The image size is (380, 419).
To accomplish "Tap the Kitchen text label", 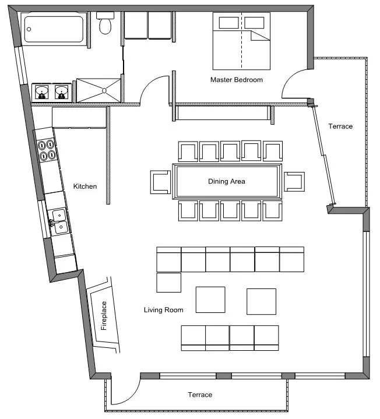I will pyautogui.click(x=85, y=186).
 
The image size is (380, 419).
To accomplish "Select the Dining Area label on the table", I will pyautogui.click(x=227, y=181).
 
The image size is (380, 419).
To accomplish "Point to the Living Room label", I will pyautogui.click(x=163, y=310).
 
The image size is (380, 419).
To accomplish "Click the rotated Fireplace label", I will pyautogui.click(x=104, y=316).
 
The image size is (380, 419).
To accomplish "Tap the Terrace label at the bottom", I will pyautogui.click(x=199, y=395).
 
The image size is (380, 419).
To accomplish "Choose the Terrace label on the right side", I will pyautogui.click(x=340, y=126).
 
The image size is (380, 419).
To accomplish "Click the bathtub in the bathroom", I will pyautogui.click(x=53, y=29).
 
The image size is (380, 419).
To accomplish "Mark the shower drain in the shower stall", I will pyautogui.click(x=104, y=90).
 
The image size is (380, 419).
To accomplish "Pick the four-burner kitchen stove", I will pyautogui.click(x=48, y=150).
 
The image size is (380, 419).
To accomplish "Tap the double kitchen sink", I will pyautogui.click(x=59, y=221).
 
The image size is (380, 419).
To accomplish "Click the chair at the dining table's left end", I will pyautogui.click(x=160, y=182).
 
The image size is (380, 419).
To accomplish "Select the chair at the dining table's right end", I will pyautogui.click(x=294, y=182).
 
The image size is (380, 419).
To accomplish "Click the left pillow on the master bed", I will pyautogui.click(x=228, y=23).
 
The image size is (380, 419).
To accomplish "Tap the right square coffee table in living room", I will pyautogui.click(x=261, y=301).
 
